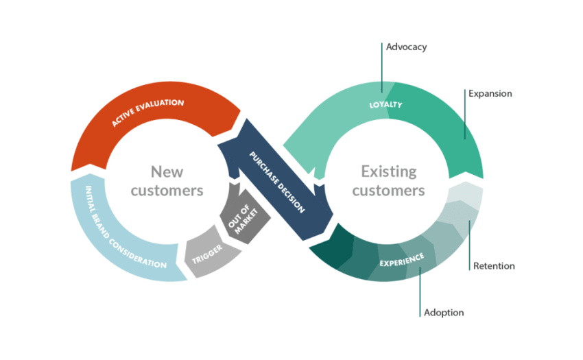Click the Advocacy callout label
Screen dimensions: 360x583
406,47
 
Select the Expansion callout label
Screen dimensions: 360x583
490,93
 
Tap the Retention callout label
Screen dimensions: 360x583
494,266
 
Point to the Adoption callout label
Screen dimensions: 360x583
443,313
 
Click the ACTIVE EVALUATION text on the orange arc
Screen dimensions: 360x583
148,113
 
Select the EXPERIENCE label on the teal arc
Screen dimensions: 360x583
401,260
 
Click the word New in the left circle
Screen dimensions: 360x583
167,171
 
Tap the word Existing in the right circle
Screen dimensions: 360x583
389,171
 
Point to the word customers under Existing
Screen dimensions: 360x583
389,190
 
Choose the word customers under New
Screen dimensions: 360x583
167,190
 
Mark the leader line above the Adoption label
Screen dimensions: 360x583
420,291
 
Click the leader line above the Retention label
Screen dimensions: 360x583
469,240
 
